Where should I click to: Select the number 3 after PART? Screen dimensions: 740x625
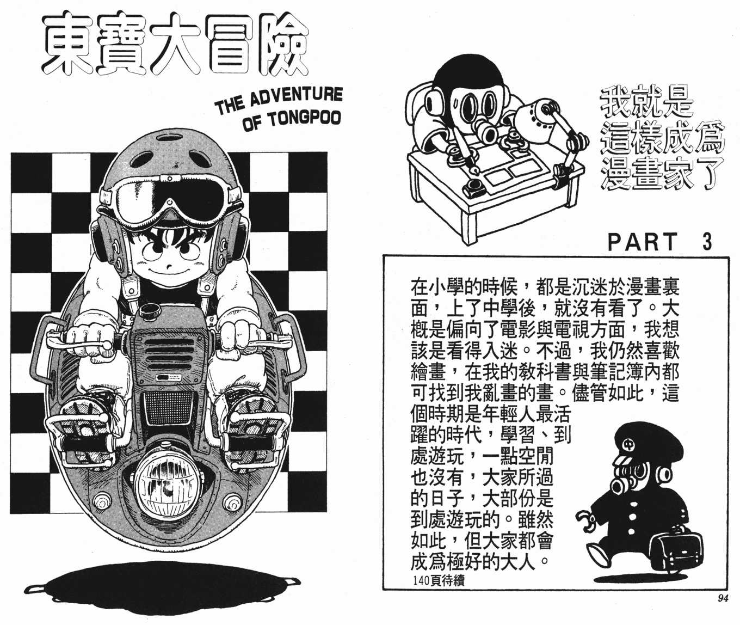[x=707, y=243]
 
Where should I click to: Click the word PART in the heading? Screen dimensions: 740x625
[x=643, y=243]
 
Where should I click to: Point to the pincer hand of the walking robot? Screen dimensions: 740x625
[x=584, y=522]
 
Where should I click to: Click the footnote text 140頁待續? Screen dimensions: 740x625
[x=439, y=581]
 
